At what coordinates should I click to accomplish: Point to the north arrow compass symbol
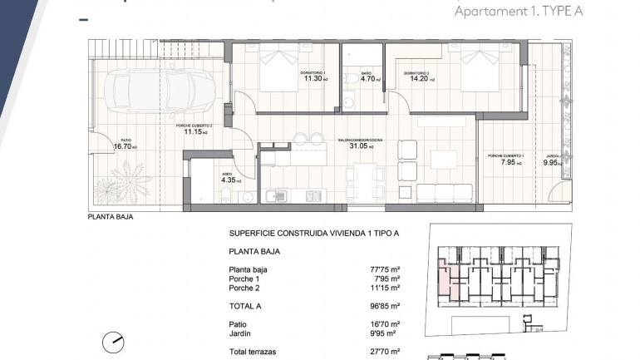114,341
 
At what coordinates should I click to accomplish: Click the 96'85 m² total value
385,306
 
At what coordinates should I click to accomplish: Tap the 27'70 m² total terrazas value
385,353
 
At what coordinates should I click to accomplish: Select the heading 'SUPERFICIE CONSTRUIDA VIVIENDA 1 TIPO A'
313,234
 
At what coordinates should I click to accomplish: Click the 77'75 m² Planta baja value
385,269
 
